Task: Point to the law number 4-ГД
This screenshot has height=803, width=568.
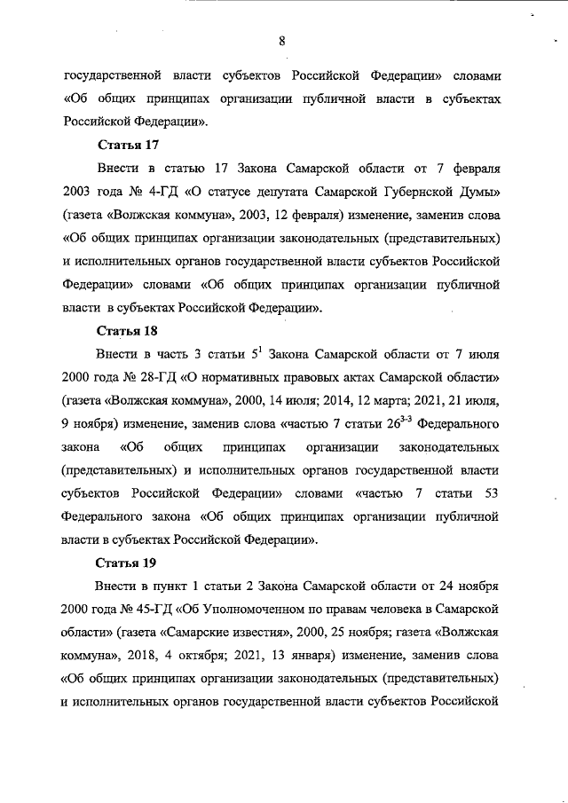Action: pyautogui.click(x=152, y=191)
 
